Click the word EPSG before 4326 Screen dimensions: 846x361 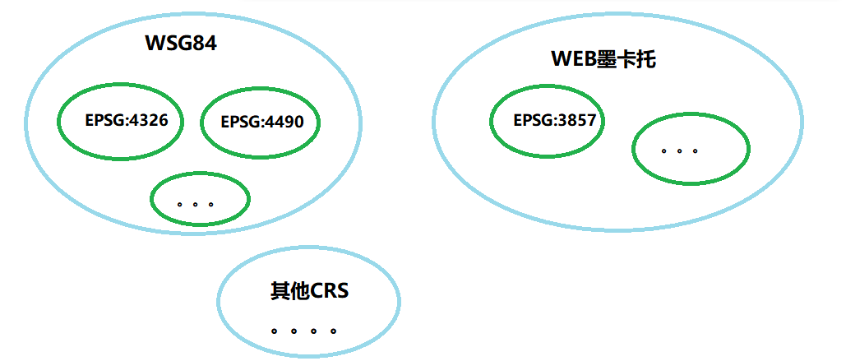point(104,120)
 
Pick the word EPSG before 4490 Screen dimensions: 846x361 point(241,123)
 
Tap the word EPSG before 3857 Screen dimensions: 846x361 point(533,120)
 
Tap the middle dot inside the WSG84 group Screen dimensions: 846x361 point(196,203)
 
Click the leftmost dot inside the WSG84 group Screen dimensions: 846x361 point(180,203)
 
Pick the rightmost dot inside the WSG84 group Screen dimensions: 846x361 point(211,203)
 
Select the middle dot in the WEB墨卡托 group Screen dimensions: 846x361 point(679,151)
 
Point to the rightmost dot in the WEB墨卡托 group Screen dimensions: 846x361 point(696,151)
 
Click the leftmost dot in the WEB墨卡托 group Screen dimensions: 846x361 point(663,151)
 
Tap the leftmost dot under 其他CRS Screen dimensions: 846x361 point(274,331)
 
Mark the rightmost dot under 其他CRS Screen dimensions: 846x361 point(333,331)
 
